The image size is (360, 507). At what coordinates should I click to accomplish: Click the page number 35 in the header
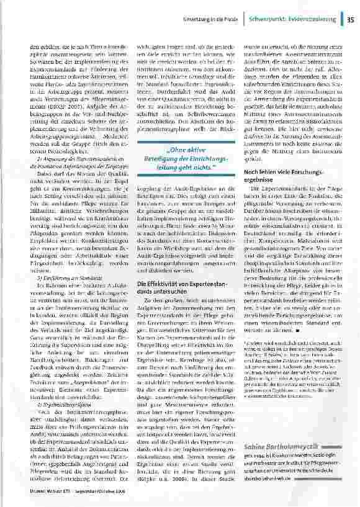[350, 20]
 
